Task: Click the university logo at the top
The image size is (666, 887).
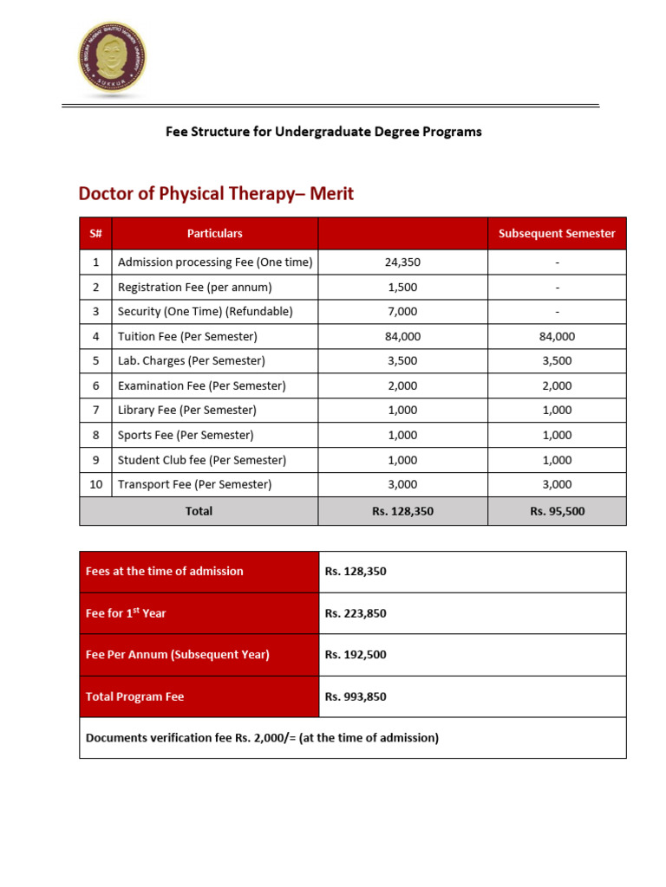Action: (111, 58)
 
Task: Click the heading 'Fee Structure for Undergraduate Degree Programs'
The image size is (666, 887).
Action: (323, 132)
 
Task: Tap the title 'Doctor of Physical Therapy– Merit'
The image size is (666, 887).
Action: (216, 193)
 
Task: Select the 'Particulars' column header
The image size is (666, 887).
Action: (214, 234)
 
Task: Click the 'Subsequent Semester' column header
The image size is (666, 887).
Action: (557, 234)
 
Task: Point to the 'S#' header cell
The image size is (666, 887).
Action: (95, 234)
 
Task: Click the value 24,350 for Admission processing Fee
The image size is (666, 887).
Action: (402, 262)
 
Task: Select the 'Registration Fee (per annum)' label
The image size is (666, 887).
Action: (194, 287)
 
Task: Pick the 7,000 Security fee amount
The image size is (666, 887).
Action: (402, 312)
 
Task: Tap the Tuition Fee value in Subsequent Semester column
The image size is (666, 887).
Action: (557, 336)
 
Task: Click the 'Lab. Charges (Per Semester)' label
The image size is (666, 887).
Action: (191, 361)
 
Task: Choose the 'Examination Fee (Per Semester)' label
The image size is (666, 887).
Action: (201, 385)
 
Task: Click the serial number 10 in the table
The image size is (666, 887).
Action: (95, 484)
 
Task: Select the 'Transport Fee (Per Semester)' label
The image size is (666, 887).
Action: (194, 484)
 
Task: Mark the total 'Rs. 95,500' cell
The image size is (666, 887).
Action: (557, 512)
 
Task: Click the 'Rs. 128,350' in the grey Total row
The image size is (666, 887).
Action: (402, 512)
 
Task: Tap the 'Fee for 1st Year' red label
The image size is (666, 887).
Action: (126, 613)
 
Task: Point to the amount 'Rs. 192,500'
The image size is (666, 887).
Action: (356, 655)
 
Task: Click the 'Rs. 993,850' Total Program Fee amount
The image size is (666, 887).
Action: (356, 696)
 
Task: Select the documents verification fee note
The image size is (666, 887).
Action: (262, 738)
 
